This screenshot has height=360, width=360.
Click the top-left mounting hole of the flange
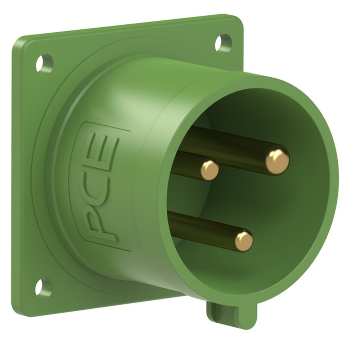click(x=44, y=63)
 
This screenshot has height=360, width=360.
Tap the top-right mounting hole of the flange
click(x=223, y=43)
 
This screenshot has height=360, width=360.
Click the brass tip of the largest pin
click(x=277, y=162)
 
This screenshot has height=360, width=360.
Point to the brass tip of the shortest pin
click(x=210, y=170)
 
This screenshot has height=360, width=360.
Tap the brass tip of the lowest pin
click(x=244, y=241)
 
